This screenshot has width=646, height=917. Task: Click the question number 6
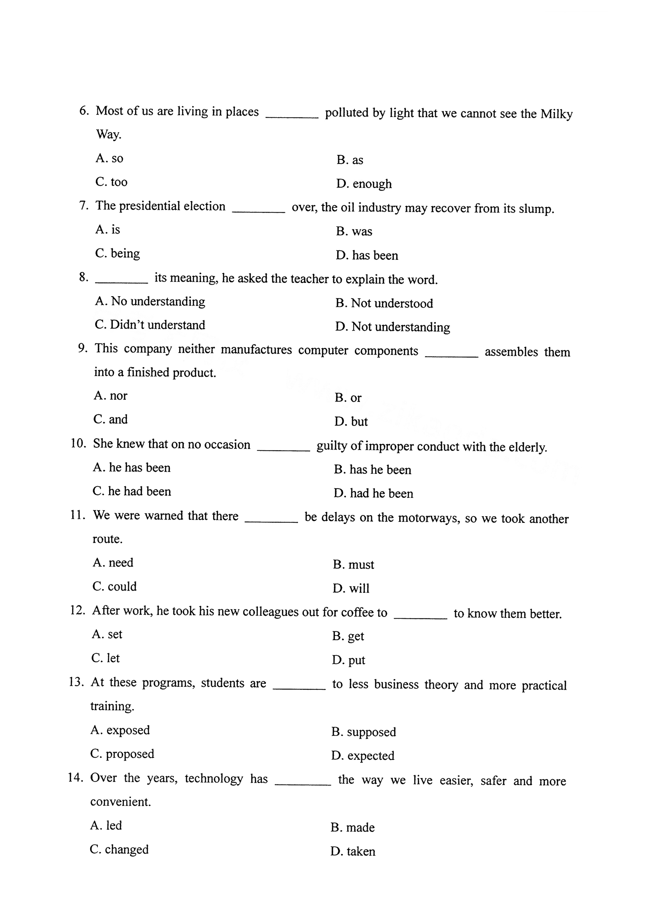pos(84,110)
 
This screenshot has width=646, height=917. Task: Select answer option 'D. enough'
pos(364,184)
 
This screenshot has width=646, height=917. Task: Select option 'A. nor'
pos(110,396)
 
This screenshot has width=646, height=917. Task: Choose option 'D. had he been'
pos(373,494)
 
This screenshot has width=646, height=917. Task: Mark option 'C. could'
pos(115,586)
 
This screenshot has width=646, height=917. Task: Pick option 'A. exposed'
pos(120,730)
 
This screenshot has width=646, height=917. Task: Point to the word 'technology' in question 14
pos(214,779)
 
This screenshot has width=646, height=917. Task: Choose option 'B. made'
pos(353,828)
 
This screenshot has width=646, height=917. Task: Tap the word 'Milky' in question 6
pos(557,114)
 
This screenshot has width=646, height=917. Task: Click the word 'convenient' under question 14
pos(120,802)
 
